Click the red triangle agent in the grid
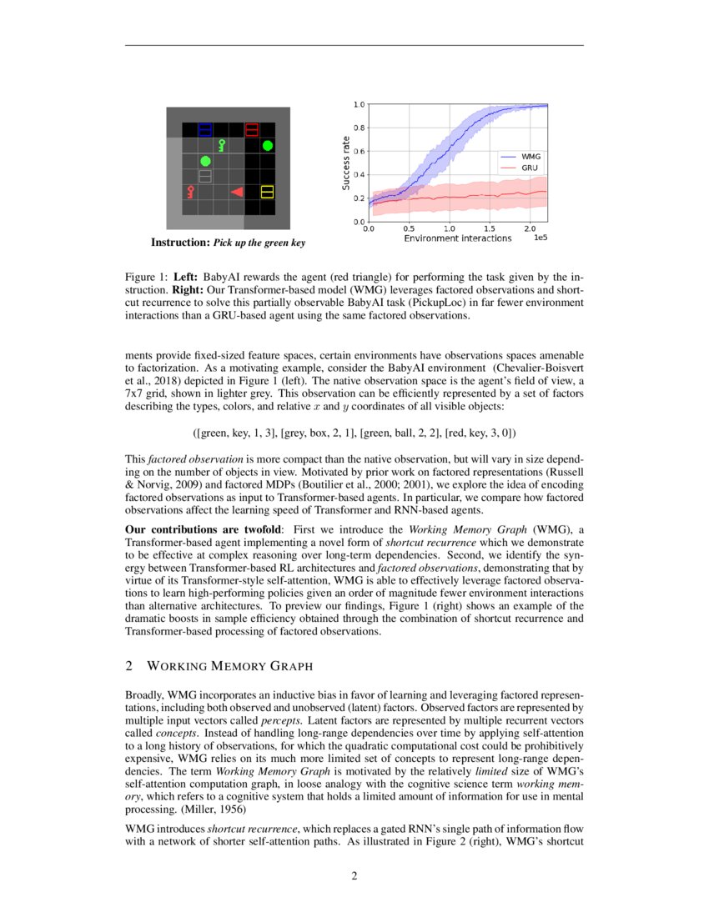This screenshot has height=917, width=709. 238,193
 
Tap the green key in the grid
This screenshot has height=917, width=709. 221,145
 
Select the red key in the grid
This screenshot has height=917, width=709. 190,193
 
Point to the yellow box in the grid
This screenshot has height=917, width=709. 268,193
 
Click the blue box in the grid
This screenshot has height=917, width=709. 205,129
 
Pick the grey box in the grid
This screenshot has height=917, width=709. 205,177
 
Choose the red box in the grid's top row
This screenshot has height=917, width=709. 252,129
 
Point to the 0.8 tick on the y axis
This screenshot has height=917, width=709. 360,128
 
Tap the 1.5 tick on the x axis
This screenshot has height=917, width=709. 490,228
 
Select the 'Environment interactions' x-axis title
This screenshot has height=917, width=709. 458,238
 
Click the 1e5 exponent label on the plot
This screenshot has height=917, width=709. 540,238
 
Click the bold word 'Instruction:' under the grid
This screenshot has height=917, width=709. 180,243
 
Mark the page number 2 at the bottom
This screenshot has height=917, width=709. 354,875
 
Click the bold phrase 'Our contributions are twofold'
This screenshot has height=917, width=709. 204,528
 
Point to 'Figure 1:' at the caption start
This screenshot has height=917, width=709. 146,276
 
